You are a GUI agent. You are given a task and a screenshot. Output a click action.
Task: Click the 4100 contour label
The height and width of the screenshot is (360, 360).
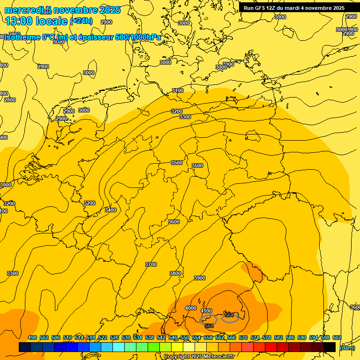[206, 311]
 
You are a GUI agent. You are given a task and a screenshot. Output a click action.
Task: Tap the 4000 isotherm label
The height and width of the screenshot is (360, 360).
[191, 308]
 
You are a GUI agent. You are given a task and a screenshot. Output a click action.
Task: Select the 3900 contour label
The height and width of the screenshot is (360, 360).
[200, 278]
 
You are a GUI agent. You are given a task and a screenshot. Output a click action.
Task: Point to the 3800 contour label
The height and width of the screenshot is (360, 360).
[175, 273]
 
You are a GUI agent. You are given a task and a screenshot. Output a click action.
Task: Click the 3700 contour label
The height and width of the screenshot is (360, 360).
[151, 264]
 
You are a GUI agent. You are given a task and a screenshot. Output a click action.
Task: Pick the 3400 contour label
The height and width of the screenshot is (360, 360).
[111, 210]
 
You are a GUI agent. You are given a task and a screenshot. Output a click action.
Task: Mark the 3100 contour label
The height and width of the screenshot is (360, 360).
[178, 90]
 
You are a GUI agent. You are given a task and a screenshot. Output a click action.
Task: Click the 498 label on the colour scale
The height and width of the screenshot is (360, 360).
[32, 338]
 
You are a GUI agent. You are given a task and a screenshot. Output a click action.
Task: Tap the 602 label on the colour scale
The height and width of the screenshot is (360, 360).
[337, 338]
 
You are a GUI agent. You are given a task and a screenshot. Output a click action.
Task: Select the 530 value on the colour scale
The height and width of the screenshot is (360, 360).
[126, 338]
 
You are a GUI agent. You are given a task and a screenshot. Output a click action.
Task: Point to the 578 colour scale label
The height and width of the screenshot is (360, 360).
[267, 338]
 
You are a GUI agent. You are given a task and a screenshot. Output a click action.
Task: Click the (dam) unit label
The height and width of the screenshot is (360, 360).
[347, 348]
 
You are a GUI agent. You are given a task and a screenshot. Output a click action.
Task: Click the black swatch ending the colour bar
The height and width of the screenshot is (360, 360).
[330, 347]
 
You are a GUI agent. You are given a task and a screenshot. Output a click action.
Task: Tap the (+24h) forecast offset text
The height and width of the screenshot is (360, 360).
[81, 21]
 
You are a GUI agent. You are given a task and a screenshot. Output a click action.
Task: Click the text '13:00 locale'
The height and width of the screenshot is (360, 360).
[37, 21]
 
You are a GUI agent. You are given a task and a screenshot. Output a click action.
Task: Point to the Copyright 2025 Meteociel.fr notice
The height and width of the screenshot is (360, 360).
[199, 356]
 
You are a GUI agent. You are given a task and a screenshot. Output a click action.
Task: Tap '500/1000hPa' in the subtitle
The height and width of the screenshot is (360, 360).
[138, 37]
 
